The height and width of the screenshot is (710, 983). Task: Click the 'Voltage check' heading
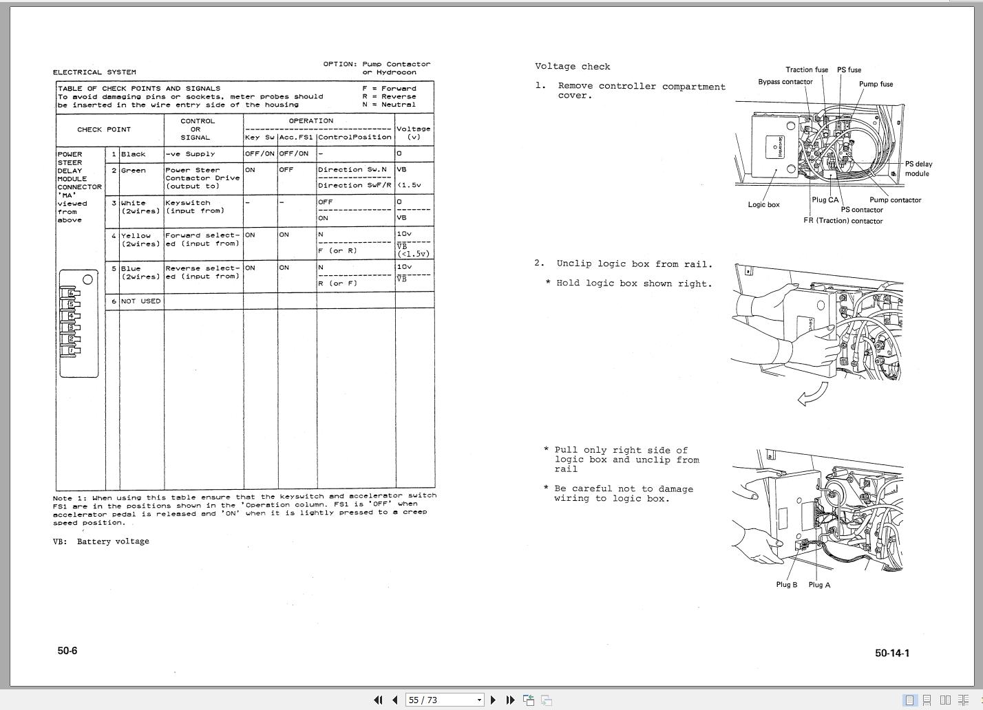click(572, 67)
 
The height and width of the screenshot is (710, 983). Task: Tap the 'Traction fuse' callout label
click(807, 69)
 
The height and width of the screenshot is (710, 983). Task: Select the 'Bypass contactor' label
click(785, 82)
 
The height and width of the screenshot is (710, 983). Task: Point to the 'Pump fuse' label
click(876, 84)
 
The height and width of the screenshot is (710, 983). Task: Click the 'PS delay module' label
click(918, 169)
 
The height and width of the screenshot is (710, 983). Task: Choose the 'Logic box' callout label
click(763, 205)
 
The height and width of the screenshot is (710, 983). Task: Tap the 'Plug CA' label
click(825, 200)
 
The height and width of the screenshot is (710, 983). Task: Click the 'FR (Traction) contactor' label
click(843, 221)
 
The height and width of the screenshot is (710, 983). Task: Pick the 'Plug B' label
click(786, 585)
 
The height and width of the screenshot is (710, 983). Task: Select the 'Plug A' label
click(819, 585)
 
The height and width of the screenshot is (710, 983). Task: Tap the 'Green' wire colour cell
click(133, 171)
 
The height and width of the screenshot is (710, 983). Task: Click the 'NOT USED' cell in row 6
click(140, 301)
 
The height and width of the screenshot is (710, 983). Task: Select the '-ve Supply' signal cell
click(190, 154)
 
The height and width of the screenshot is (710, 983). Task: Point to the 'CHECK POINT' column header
click(104, 129)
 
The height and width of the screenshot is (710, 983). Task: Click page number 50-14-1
click(891, 653)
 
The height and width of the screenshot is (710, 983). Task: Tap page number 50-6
click(67, 651)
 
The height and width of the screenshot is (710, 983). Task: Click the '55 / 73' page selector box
click(444, 700)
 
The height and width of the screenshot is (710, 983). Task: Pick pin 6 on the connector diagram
click(71, 293)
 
